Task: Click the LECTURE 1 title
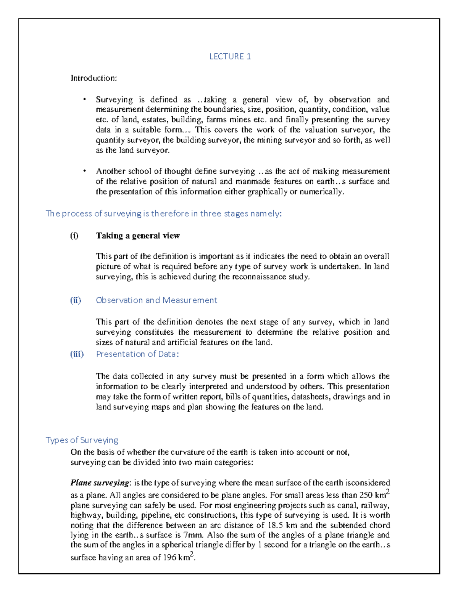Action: click(x=230, y=56)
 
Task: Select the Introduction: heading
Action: click(x=94, y=78)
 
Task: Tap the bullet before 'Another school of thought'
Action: click(x=84, y=171)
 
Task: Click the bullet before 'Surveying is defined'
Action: click(x=84, y=100)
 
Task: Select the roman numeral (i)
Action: click(x=74, y=236)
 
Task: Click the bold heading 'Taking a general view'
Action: click(x=138, y=236)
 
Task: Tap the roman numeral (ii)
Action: click(x=75, y=300)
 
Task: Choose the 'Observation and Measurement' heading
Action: click(x=156, y=300)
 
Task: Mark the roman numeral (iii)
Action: click(x=76, y=354)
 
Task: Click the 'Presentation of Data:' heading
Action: click(x=137, y=354)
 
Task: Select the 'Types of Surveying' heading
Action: click(x=82, y=440)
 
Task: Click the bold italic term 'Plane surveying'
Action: click(x=100, y=483)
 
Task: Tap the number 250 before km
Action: click(x=365, y=496)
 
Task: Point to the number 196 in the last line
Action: click(x=169, y=558)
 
